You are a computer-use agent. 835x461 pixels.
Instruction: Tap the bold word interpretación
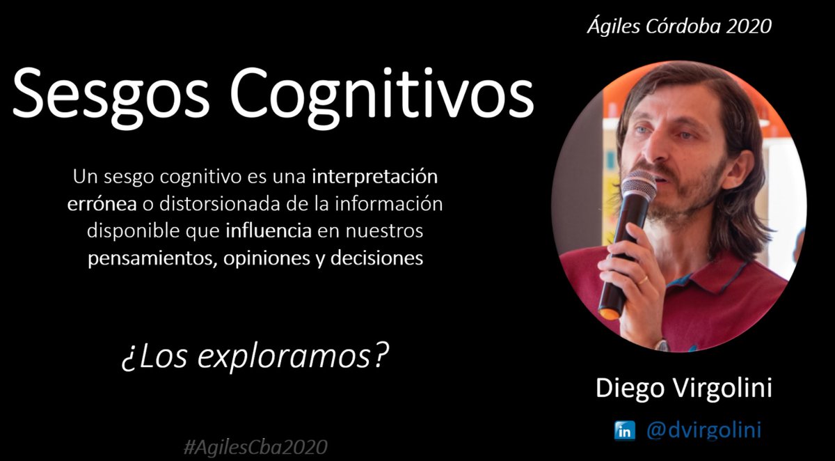pos(375,177)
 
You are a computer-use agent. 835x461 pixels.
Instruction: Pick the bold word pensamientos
pos(147,258)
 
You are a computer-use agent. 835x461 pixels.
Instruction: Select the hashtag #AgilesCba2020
pos(255,446)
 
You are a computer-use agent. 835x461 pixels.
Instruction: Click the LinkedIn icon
pos(623,430)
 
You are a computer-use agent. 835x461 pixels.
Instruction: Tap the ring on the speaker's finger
pos(644,280)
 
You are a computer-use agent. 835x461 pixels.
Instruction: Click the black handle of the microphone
pos(619,265)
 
